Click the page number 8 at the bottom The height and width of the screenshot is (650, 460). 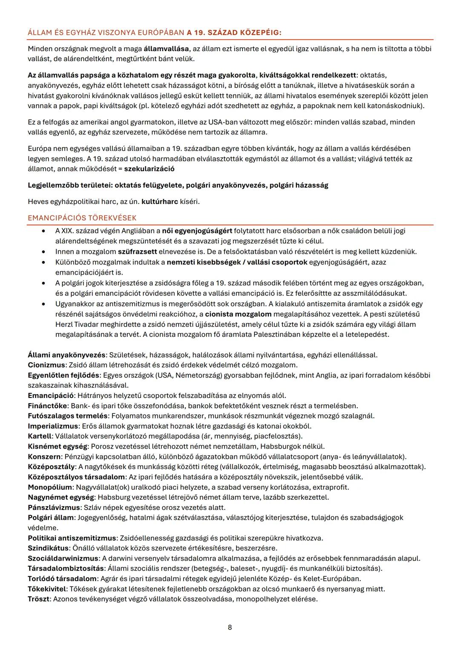point(230,627)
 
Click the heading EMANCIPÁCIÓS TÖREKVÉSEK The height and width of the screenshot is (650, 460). point(82,218)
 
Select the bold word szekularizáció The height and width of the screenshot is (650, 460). point(149,169)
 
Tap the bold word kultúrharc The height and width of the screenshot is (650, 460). point(159,201)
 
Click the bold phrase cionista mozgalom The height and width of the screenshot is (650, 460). point(238,314)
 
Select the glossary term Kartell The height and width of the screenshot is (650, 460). point(39,436)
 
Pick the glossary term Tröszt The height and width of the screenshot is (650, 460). point(39,599)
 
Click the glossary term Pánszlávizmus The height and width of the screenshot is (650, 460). point(54,507)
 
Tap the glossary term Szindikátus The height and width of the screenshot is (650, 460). point(48,548)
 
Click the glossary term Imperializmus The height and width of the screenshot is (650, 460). point(53,426)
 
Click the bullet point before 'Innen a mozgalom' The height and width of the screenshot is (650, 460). point(44,252)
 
